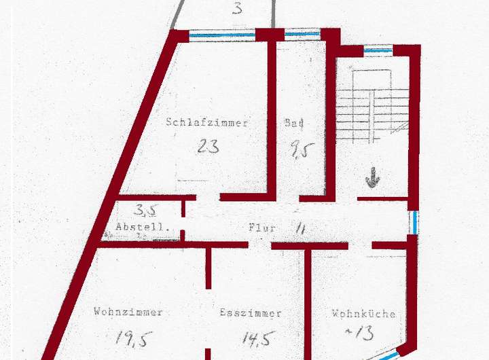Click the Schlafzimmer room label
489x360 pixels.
point(207,123)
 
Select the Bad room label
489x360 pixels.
point(294,123)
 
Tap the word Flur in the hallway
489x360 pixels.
point(262,228)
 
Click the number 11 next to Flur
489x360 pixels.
point(300,228)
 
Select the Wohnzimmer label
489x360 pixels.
point(128,312)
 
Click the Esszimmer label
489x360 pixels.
point(251,313)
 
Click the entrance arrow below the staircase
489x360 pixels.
point(372,179)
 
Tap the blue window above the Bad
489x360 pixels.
point(302,33)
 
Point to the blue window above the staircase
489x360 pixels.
point(378,50)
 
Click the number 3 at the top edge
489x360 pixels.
point(237,9)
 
